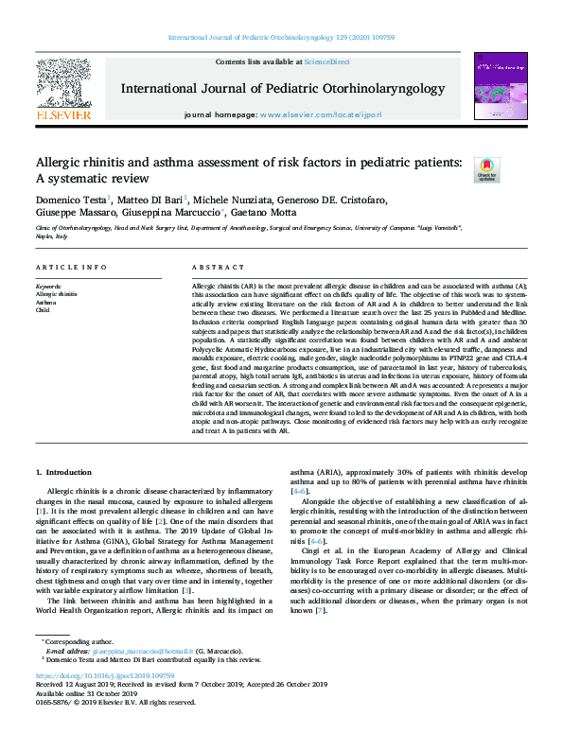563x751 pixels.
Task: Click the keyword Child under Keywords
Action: click(x=43, y=309)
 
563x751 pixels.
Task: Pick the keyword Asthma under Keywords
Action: click(x=46, y=302)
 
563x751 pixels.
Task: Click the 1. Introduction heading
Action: click(x=64, y=471)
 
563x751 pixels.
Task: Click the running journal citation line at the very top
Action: click(x=281, y=37)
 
